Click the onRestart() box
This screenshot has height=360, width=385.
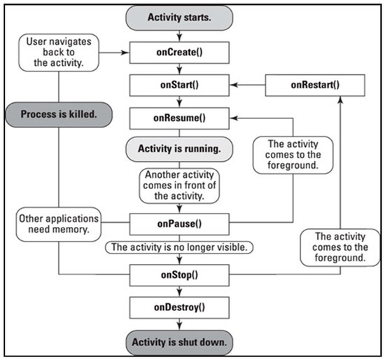click(314, 85)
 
